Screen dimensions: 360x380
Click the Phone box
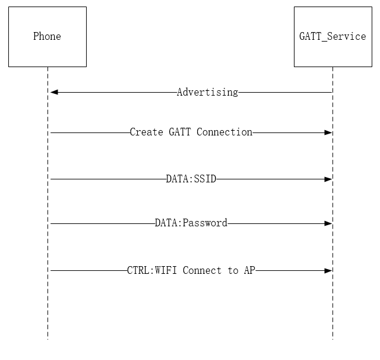tap(47, 37)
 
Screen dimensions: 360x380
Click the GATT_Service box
tap(332, 37)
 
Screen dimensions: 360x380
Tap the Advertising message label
tap(207, 92)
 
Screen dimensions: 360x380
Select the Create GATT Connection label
tap(191, 132)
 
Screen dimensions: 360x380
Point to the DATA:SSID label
tap(191, 178)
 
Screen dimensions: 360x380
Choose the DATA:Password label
tap(191, 223)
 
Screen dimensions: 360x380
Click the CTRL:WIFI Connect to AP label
tap(191, 270)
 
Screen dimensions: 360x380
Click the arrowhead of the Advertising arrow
tap(54, 92)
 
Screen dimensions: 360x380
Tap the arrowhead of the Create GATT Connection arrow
tap(328, 132)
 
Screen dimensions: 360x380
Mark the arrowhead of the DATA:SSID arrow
tap(328, 178)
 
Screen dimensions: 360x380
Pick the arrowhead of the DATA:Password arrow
tap(328, 223)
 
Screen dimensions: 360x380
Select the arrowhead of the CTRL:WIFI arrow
tap(328, 270)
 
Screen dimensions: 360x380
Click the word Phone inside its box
tap(47, 36)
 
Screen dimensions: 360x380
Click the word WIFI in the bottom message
tap(168, 270)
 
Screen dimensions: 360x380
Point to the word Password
tap(205, 223)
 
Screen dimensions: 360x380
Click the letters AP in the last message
tap(249, 270)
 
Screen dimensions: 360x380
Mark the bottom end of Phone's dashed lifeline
tap(47, 339)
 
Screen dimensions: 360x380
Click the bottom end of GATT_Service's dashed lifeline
tap(332, 339)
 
